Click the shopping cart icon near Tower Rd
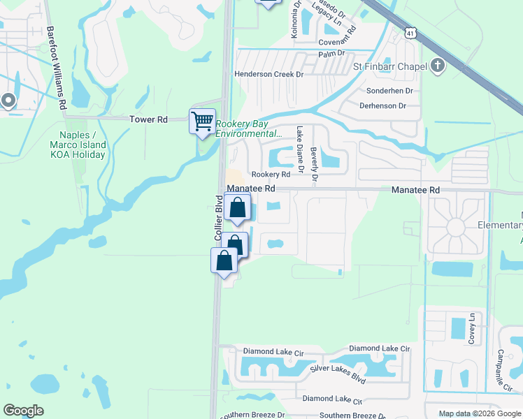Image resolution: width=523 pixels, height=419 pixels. [202, 121]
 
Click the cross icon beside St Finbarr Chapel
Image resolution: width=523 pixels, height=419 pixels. [438, 66]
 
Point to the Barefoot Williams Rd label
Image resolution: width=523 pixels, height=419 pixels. [57, 68]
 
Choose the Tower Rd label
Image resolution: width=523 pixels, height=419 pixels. [148, 119]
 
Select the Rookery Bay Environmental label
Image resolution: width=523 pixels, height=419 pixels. [248, 129]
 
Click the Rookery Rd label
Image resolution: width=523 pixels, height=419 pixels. [271, 174]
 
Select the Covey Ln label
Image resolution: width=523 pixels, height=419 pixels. [473, 327]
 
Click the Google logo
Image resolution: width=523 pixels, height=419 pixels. [23, 411]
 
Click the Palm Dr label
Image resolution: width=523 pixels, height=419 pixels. [331, 53]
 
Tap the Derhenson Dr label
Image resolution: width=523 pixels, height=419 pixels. [382, 106]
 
